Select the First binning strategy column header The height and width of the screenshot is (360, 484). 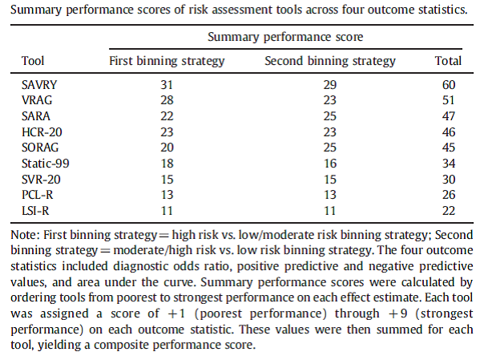point(167,61)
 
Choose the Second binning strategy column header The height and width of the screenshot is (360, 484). point(329,61)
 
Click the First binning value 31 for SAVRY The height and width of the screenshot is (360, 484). point(167,84)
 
